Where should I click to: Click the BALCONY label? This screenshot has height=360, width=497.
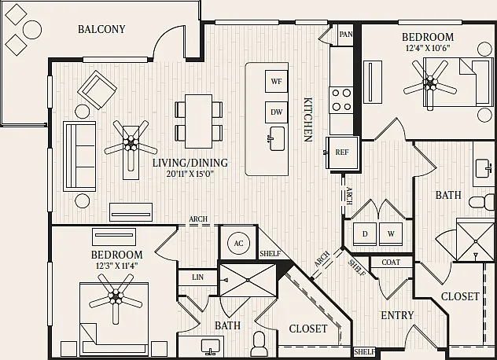click(x=101, y=29)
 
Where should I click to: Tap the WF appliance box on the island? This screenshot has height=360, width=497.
click(x=276, y=82)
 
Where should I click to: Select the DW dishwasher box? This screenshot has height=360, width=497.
click(x=276, y=112)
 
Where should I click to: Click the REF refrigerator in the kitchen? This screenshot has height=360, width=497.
click(x=342, y=152)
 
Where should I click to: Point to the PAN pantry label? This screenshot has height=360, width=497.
click(x=345, y=34)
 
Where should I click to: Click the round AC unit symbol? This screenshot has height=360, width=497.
click(x=238, y=243)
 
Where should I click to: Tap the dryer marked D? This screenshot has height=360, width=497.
click(x=365, y=234)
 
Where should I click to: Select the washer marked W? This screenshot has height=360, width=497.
click(x=391, y=234)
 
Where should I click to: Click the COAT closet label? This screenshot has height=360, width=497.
click(x=391, y=262)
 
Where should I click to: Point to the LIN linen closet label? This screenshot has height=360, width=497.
click(x=198, y=277)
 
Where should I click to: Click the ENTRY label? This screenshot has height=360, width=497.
click(x=397, y=315)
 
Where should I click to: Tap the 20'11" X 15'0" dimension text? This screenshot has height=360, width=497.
click(x=190, y=174)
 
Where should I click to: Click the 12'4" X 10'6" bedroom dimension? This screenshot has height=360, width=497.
click(x=428, y=48)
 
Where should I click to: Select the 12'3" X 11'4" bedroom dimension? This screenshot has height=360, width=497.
click(x=116, y=266)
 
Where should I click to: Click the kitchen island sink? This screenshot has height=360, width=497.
click(x=277, y=138)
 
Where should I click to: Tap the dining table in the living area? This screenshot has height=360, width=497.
click(x=198, y=121)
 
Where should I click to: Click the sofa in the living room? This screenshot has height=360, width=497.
click(x=79, y=156)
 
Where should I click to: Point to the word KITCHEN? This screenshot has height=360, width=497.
click(x=307, y=119)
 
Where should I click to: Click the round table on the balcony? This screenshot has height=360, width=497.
click(x=32, y=29)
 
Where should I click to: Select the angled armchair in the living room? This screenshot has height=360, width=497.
click(x=97, y=90)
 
